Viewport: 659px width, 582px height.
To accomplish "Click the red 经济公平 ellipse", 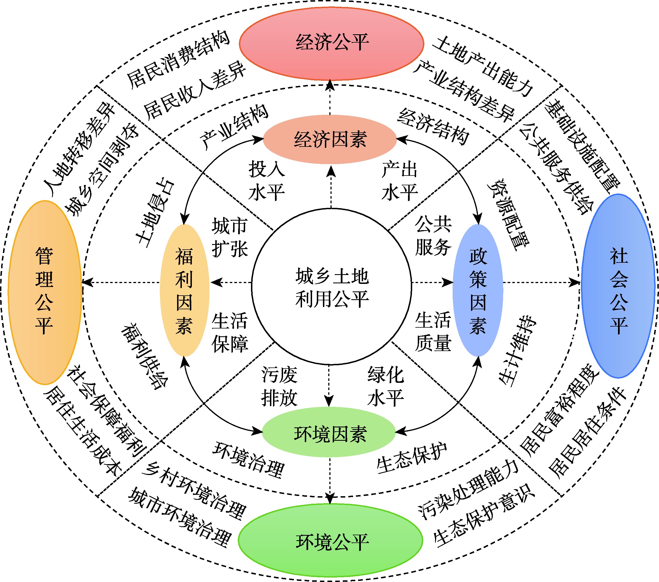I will (331, 43).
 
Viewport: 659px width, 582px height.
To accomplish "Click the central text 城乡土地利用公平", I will (332, 288).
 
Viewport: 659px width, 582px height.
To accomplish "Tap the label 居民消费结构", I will (178, 60).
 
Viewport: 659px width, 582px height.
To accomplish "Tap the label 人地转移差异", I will (79, 148).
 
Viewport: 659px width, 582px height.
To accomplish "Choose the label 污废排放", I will (279, 386).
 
